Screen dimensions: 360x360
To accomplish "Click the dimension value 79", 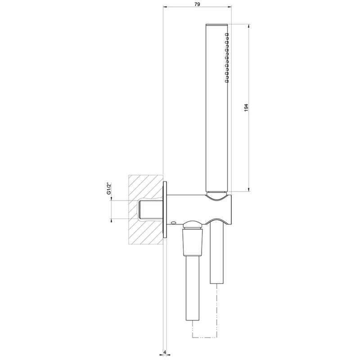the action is [x=197, y=4].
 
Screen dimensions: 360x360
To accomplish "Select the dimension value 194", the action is [x=246, y=108].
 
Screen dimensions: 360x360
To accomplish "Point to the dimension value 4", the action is [x=165, y=352].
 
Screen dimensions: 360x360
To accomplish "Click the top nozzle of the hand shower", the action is [x=227, y=35].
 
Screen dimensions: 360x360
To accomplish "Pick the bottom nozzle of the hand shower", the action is [x=227, y=81].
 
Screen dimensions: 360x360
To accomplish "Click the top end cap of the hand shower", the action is [x=217, y=25].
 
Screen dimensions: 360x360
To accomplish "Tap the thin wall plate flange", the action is [x=165, y=209].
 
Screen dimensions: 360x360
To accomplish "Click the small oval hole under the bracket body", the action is [x=173, y=222].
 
